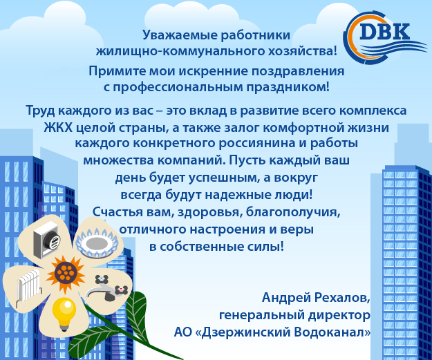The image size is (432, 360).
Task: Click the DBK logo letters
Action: (x=384, y=32)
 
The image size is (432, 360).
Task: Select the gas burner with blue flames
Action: (x=97, y=243)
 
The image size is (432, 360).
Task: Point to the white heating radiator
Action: (x=28, y=287)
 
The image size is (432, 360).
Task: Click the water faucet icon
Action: (x=107, y=288)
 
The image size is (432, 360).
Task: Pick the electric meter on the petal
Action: (x=46, y=240)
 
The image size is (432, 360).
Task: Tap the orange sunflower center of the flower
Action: (x=65, y=274)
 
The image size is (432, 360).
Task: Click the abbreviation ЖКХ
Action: (x=58, y=128)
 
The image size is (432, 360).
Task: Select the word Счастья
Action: (x=114, y=212)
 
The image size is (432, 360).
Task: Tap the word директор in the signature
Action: (x=339, y=315)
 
